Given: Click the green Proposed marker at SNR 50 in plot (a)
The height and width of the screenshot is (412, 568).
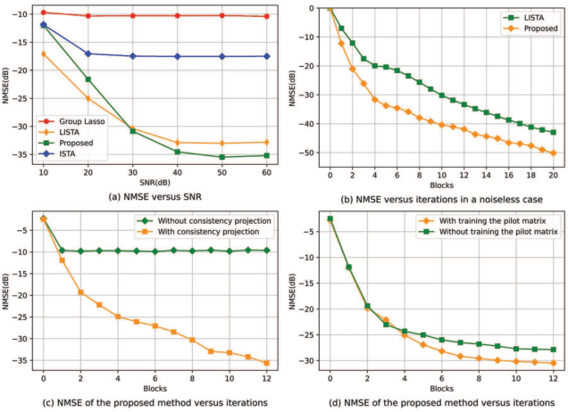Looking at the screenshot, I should [221, 157].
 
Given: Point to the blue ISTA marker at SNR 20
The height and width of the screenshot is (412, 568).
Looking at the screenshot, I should [88, 54].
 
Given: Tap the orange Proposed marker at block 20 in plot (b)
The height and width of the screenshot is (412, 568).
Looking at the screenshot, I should [554, 152].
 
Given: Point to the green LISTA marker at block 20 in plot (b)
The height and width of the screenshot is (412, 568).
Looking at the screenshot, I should [554, 132].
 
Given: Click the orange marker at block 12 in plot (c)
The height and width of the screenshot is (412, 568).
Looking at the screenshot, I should [267, 363].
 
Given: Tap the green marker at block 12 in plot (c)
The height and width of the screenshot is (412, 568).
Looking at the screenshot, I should [267, 251].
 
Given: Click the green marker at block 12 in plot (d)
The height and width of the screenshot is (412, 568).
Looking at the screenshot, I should [554, 350].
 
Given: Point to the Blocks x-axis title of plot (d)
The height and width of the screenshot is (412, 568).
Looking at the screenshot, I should [441, 389].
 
